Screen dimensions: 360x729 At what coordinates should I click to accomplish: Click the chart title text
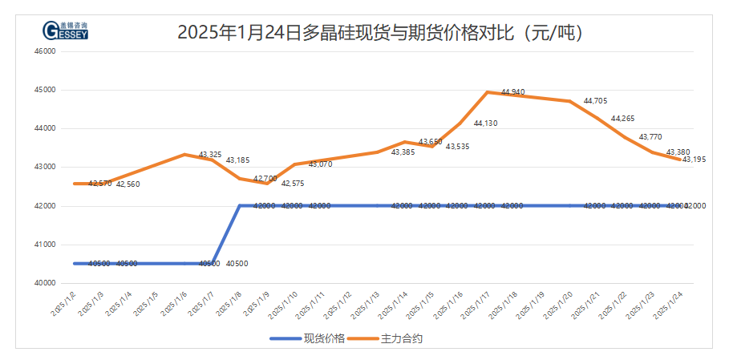point(379,33)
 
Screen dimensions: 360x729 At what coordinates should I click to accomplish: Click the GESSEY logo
point(65,30)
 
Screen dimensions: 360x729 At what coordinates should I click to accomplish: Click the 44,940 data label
point(512,92)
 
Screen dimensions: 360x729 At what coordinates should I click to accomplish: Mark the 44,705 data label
point(595,101)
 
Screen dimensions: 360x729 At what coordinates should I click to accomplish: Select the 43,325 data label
point(210,154)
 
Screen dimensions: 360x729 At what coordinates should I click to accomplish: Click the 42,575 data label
point(293,184)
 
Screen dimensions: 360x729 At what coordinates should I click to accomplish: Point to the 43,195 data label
point(694,160)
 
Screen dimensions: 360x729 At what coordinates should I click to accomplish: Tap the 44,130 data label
point(485,123)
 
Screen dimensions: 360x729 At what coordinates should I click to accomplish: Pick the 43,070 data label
point(320,164)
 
